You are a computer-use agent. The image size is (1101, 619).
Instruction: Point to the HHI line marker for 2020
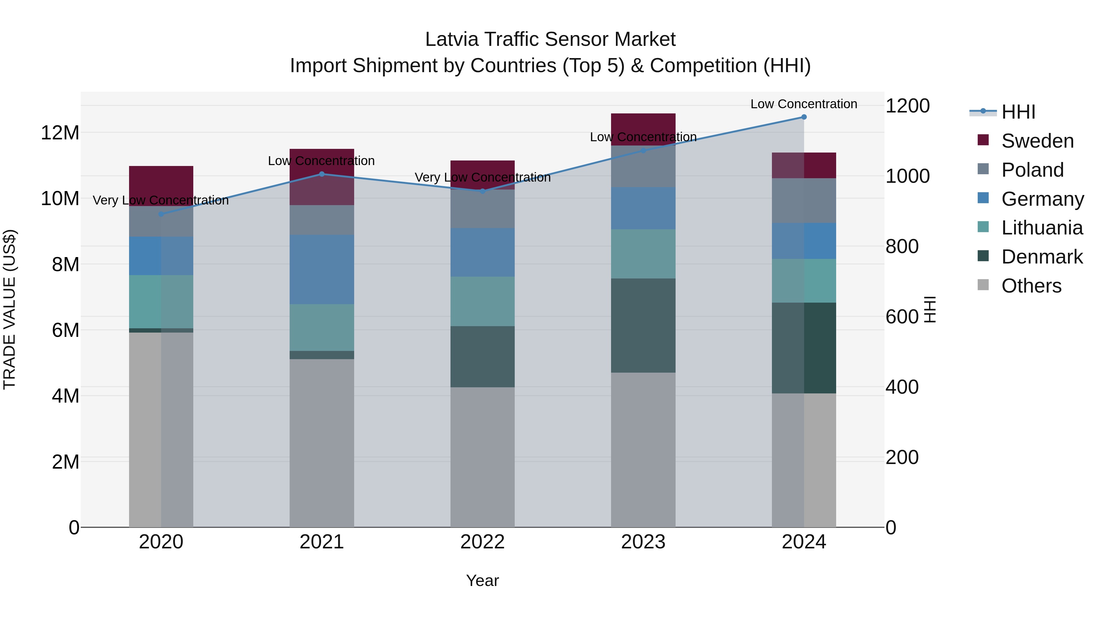161,214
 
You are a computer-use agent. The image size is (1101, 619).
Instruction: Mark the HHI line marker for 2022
483,191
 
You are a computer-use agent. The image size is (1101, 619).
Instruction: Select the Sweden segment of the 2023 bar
643,129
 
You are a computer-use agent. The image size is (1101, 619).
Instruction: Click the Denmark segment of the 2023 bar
643,326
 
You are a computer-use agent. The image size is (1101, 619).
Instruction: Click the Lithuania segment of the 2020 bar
161,302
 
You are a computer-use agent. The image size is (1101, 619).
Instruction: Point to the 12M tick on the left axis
60,133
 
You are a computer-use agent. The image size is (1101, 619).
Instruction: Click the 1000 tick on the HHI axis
907,176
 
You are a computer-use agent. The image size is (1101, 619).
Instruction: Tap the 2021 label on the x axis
321,542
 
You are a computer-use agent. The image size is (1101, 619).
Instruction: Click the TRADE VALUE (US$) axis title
9,309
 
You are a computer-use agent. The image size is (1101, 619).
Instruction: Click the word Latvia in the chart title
452,39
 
